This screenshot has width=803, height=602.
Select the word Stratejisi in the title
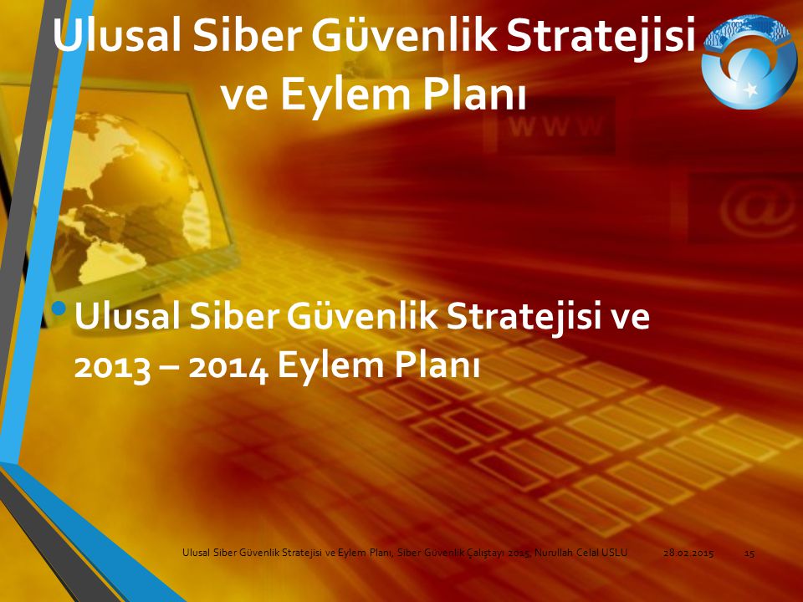click(x=601, y=35)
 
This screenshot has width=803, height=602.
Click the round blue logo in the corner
click(x=749, y=61)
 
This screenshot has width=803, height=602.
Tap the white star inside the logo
click(x=751, y=89)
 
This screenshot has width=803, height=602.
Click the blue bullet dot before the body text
click(x=60, y=308)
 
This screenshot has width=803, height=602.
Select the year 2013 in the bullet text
click(x=112, y=366)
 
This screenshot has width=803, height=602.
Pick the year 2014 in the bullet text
click(x=228, y=368)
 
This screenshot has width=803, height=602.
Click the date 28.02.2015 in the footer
click(x=688, y=553)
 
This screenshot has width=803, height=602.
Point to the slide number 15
click(x=749, y=553)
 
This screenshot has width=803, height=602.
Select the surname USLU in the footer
click(x=615, y=553)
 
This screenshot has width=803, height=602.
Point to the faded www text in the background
click(x=556, y=126)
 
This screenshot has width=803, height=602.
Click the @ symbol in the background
click(x=756, y=210)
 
